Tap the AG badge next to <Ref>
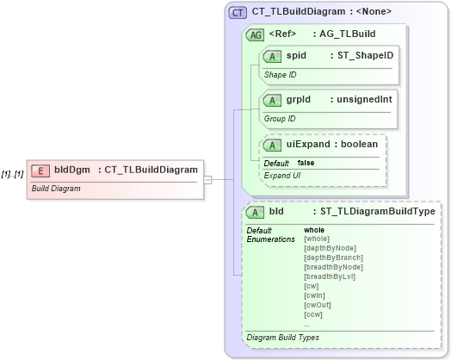click(x=255, y=35)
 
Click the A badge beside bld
click(x=256, y=212)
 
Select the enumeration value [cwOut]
click(x=318, y=305)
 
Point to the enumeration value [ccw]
click(x=313, y=314)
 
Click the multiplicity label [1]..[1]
click(x=12, y=173)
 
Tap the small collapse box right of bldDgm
click(x=207, y=179)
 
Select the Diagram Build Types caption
click(x=283, y=337)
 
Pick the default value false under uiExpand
click(x=306, y=163)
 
